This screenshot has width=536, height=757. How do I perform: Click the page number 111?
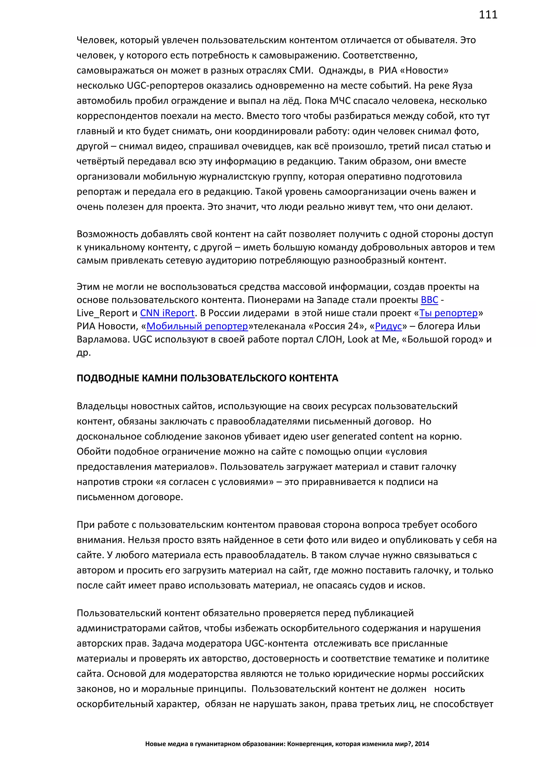tap(488, 15)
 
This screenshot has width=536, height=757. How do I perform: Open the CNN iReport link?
tap(167, 313)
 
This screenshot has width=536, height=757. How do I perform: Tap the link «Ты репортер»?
tap(449, 313)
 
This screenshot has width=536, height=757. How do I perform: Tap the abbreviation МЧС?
tap(340, 101)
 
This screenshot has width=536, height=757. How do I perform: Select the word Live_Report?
tap(103, 313)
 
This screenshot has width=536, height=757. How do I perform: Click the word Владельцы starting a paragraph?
tap(103, 406)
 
